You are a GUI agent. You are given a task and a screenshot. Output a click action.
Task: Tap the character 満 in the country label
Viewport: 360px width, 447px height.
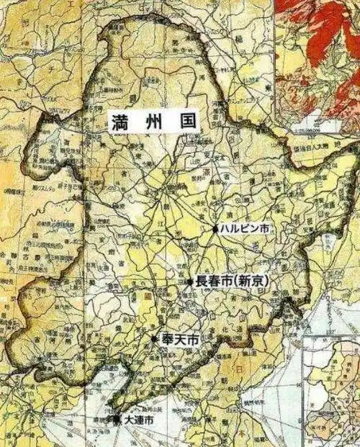click(x=120, y=121)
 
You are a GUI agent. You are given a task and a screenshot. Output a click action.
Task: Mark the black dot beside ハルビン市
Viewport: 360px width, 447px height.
click(x=215, y=228)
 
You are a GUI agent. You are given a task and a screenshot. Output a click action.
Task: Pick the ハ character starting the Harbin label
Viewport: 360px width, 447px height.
click(x=225, y=228)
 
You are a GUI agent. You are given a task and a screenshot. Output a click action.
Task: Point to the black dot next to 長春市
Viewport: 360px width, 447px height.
click(x=190, y=282)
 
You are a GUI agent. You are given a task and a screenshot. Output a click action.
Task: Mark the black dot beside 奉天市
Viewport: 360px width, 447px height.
click(x=154, y=338)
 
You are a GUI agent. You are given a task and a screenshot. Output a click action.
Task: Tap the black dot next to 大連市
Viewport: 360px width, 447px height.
click(x=117, y=418)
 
